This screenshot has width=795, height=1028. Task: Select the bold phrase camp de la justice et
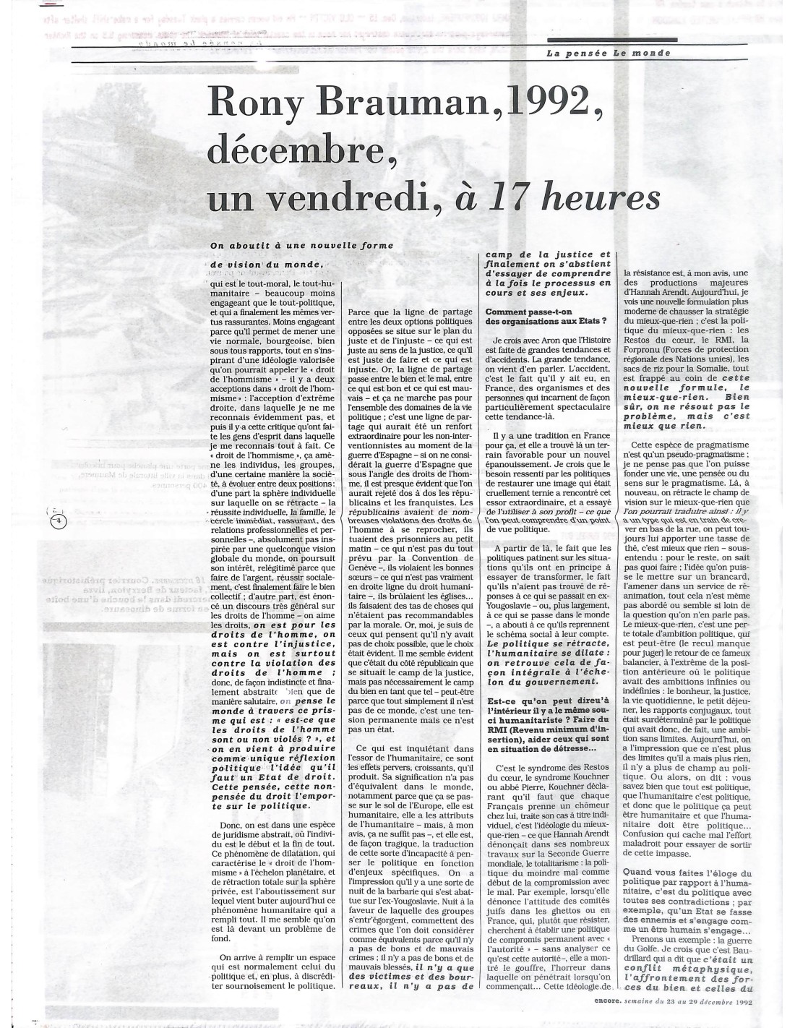point(548,254)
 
